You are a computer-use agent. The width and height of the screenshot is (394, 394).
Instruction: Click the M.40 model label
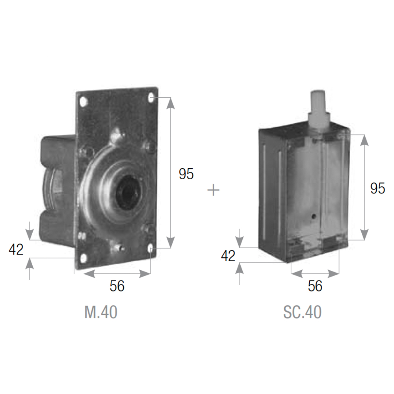point(101,312)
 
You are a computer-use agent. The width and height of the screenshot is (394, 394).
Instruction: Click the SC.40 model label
point(302,312)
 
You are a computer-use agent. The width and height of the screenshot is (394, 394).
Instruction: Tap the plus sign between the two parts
point(213,190)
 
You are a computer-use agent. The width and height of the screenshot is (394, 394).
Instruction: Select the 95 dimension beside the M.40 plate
point(186,174)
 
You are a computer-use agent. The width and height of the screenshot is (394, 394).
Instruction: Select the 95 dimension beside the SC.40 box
point(378,188)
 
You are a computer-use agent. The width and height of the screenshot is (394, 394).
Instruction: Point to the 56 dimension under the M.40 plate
point(117,286)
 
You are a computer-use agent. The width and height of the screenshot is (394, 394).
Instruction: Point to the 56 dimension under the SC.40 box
point(315,286)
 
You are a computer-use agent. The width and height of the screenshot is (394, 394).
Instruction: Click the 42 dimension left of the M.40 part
point(16,249)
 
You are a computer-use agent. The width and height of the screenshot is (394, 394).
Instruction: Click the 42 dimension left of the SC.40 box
point(228,256)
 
